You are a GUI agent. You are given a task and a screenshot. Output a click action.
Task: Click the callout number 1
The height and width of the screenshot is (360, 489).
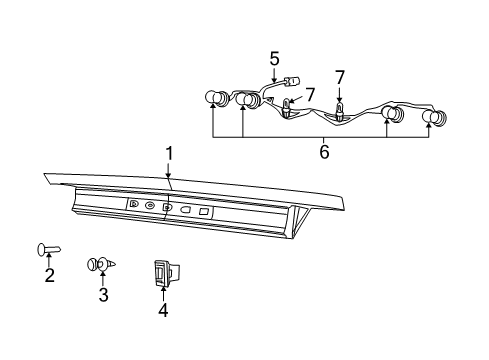click(x=169, y=153)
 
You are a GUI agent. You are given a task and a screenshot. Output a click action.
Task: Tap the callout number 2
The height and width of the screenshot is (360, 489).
click(x=49, y=275)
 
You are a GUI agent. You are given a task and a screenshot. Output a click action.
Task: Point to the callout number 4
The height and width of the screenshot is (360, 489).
click(x=163, y=310)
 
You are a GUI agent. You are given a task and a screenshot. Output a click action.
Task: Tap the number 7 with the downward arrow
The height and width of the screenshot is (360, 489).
click(x=340, y=76)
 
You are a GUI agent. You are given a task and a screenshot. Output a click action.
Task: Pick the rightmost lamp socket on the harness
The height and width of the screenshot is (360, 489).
click(x=434, y=117)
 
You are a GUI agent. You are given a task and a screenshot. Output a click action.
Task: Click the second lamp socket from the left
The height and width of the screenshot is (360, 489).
click(x=245, y=100)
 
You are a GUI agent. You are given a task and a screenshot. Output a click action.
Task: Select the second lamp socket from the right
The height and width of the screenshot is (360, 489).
click(x=391, y=116)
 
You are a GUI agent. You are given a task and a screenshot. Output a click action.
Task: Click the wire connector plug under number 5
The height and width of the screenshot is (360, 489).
click(x=294, y=83)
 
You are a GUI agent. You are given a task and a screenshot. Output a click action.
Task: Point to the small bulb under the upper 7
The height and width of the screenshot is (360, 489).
click(x=288, y=108)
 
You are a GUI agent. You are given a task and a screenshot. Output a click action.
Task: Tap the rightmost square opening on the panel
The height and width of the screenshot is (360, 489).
click(x=205, y=211)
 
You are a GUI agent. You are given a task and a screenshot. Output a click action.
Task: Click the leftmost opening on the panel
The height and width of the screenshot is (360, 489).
click(x=134, y=204)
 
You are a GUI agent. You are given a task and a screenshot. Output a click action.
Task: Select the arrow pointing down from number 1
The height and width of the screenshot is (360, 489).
click(x=169, y=175)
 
